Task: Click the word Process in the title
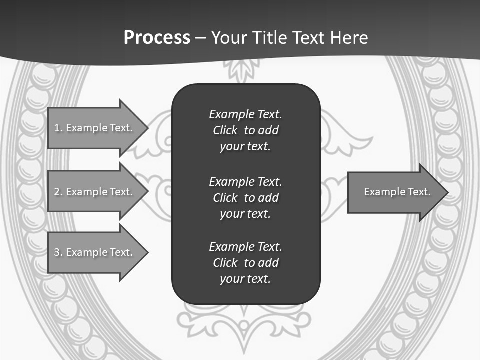pyautogui.click(x=157, y=38)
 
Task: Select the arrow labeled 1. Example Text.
pyautogui.click(x=95, y=128)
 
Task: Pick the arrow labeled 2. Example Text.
pyautogui.click(x=95, y=192)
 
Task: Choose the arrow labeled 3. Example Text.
pyautogui.click(x=95, y=252)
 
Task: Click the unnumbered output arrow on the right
pyautogui.click(x=395, y=192)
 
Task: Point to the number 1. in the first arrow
pyautogui.click(x=58, y=128)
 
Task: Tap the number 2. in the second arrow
pyautogui.click(x=58, y=192)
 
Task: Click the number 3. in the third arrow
pyautogui.click(x=58, y=252)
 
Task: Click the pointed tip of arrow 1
pyautogui.click(x=147, y=128)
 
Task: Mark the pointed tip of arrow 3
pyautogui.click(x=147, y=252)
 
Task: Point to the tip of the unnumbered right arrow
pyautogui.click(x=447, y=192)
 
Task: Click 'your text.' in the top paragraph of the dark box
pyautogui.click(x=245, y=147)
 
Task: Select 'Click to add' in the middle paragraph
pyautogui.click(x=245, y=198)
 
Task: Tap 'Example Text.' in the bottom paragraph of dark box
pyautogui.click(x=245, y=247)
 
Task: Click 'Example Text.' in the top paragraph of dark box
pyautogui.click(x=245, y=114)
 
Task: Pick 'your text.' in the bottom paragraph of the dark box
pyautogui.click(x=245, y=279)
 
